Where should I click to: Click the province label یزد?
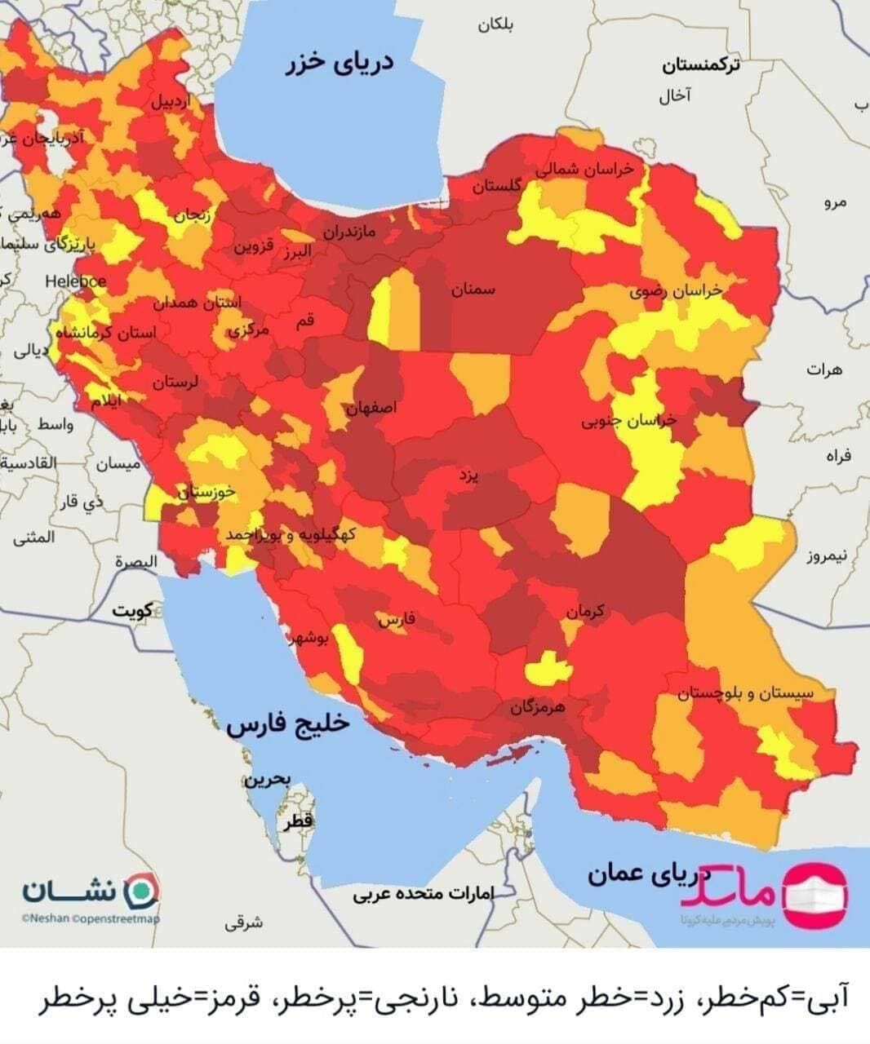468,474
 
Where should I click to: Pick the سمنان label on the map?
473,290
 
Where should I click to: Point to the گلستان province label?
496,186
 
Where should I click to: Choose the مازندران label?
348,232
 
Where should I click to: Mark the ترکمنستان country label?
701,65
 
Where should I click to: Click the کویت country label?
134,611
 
